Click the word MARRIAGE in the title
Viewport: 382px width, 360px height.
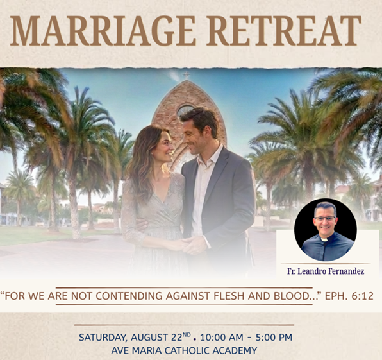pos(103,31)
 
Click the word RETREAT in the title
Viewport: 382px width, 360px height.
pos(284,31)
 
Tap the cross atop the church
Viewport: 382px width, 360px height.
pos(187,75)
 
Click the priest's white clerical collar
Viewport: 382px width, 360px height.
pos(324,239)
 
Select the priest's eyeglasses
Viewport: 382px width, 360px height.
pos(325,218)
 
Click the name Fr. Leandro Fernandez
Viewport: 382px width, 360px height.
pos(326,271)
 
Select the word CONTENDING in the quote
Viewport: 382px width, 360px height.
pos(129,296)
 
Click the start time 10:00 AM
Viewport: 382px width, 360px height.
pos(222,338)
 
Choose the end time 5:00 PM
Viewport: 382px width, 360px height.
pos(274,338)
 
